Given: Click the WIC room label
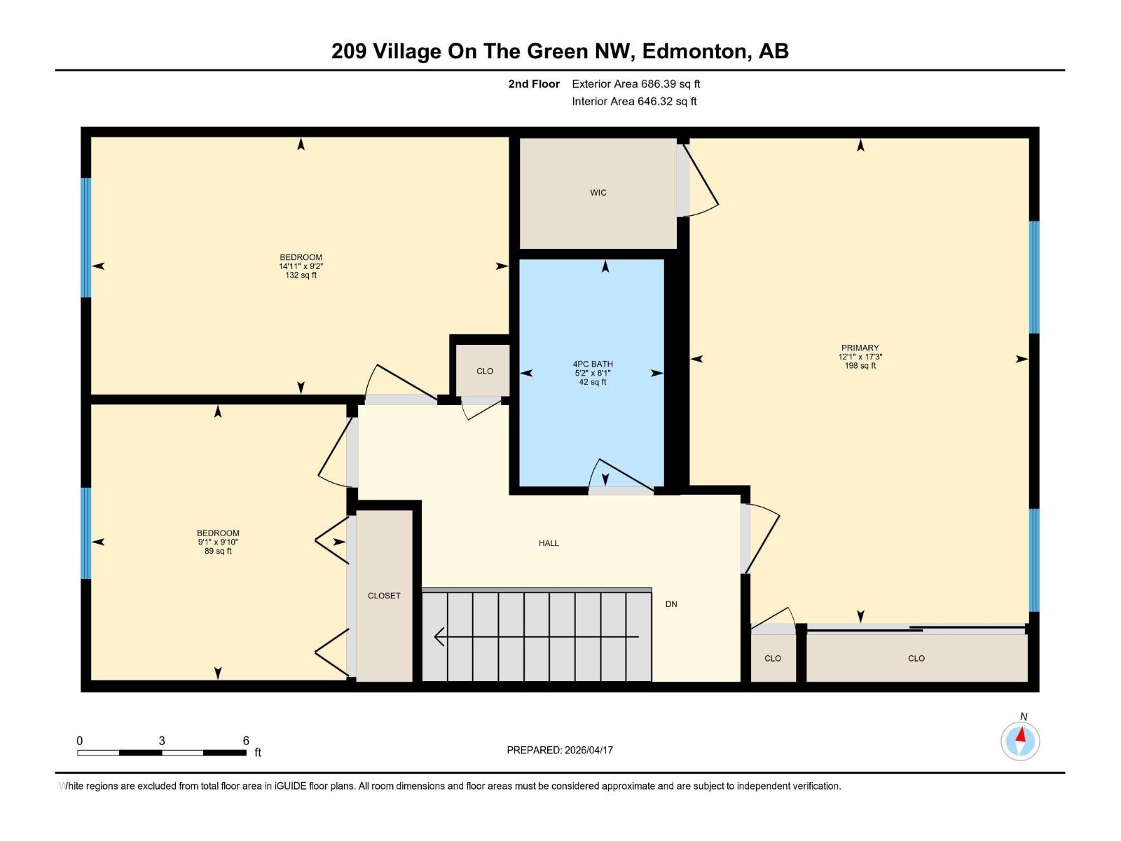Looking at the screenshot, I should (598, 193).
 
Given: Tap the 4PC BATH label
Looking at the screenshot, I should (593, 364).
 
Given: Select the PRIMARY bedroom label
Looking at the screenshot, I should (860, 348).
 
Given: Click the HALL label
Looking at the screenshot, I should (549, 543).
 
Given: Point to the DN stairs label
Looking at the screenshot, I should (671, 604).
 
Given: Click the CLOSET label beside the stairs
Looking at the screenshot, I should (384, 596).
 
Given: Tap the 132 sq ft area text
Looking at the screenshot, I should (301, 275).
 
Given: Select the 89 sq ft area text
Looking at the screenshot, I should (218, 552).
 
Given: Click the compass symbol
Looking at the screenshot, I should (1020, 740).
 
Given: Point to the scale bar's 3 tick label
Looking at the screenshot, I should (162, 741).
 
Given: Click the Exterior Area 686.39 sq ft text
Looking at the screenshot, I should (635, 84).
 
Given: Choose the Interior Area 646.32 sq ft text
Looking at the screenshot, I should (634, 102).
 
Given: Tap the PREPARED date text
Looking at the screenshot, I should (560, 750).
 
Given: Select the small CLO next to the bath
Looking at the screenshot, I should (484, 371).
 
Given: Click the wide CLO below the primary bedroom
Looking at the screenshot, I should (916, 659).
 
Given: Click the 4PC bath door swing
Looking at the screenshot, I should (620, 474).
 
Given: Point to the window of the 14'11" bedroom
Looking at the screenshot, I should (86, 238).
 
